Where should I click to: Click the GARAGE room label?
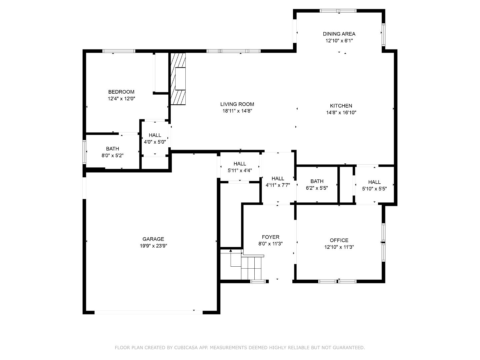(x=153, y=239)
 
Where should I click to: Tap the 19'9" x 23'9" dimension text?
(x=153, y=246)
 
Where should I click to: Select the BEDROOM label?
(x=121, y=92)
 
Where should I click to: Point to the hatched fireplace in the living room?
(x=178, y=79)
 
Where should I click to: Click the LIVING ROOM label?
(x=237, y=104)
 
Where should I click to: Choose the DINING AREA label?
(x=339, y=34)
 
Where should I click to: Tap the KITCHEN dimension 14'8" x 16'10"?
(x=341, y=113)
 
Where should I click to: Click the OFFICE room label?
(x=339, y=240)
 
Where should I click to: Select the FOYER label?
(x=270, y=237)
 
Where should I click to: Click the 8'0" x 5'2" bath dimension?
(x=112, y=156)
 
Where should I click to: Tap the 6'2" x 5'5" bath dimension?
(x=317, y=188)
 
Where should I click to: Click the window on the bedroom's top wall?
(x=119, y=51)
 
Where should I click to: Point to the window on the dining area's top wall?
(x=338, y=11)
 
